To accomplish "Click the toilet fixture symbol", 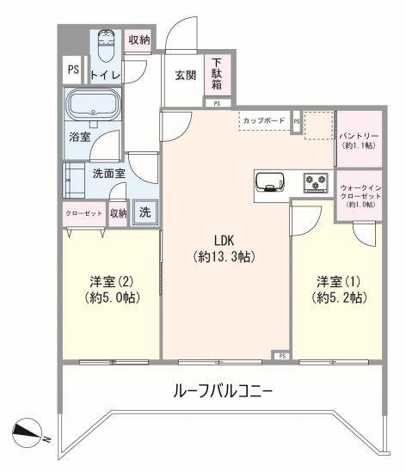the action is tap(107, 46).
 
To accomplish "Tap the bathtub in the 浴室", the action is tap(93, 104).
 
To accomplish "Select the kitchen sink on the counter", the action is tap(269, 182).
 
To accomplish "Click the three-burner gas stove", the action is tap(316, 182).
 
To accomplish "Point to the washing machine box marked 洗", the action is tap(145, 212).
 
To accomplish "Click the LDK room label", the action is tap(225, 248).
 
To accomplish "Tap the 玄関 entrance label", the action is tap(186, 76).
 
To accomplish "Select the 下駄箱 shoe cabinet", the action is tap(218, 74).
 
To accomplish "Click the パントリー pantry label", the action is tap(359, 140).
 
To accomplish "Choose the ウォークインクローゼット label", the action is tap(360, 196).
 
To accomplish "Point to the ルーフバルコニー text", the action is tap(223, 391).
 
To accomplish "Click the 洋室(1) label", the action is tap(339, 290).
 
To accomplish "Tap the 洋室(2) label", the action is tap(112, 290).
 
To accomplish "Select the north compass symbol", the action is tap(28, 432).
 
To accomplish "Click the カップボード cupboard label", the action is tap(264, 120).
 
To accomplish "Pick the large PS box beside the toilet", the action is tap(72, 70).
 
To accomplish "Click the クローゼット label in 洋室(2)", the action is tap(84, 213).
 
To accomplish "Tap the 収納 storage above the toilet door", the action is tap(138, 40).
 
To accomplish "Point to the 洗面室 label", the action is tap(108, 174).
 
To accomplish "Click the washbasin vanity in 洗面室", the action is tap(73, 180).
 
